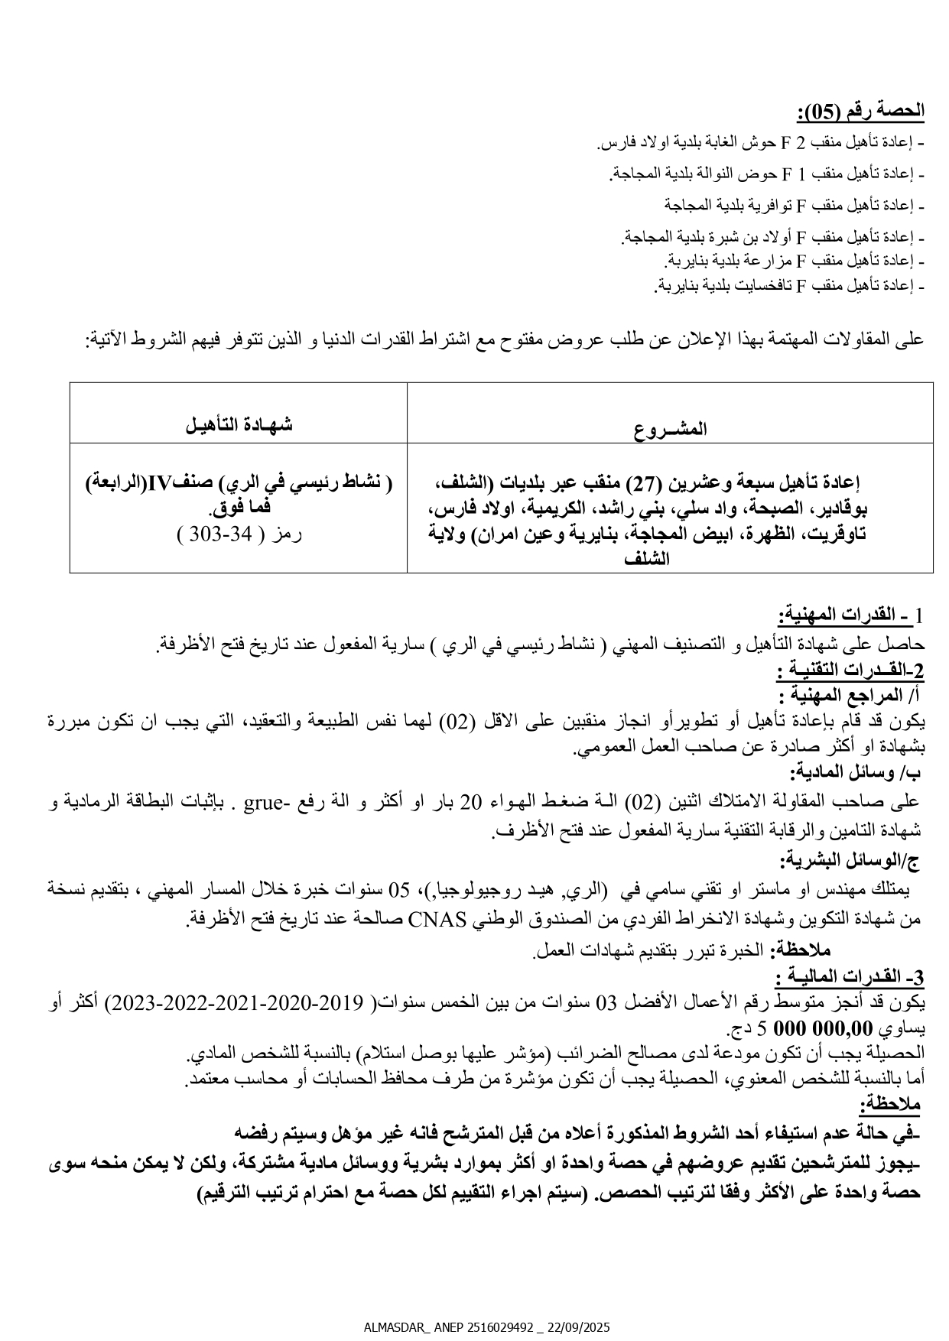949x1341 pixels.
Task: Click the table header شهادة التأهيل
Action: (x=239, y=426)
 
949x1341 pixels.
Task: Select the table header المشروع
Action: (x=670, y=429)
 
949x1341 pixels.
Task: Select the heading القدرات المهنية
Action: (x=850, y=615)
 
